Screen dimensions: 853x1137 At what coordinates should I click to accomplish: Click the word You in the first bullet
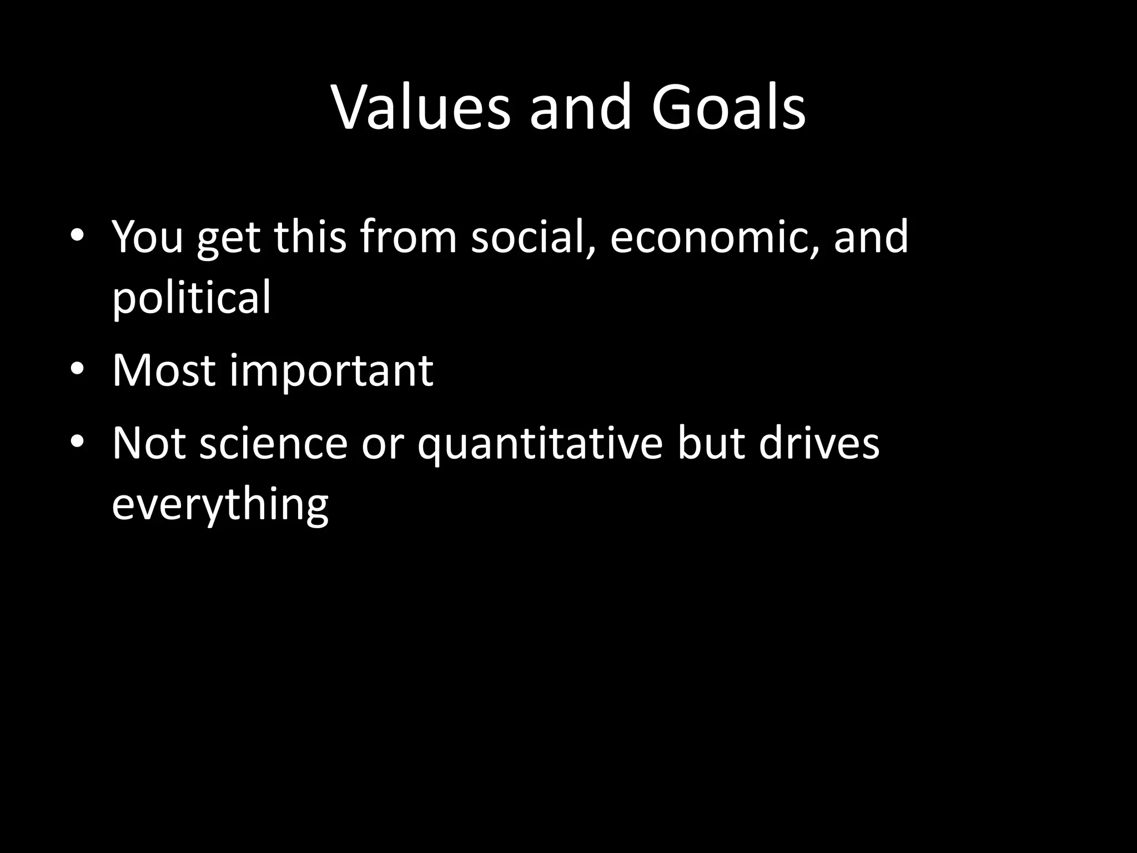(147, 237)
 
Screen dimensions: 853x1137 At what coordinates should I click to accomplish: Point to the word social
(534, 237)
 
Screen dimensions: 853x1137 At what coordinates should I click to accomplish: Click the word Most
(163, 370)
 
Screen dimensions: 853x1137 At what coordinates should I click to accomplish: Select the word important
(331, 370)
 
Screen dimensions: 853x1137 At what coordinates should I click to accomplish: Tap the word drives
(819, 444)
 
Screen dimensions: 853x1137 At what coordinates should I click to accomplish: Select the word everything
(220, 505)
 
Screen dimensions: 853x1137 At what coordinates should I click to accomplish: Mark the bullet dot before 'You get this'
(77, 236)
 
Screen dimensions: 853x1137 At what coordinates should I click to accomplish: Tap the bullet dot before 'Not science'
(77, 443)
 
